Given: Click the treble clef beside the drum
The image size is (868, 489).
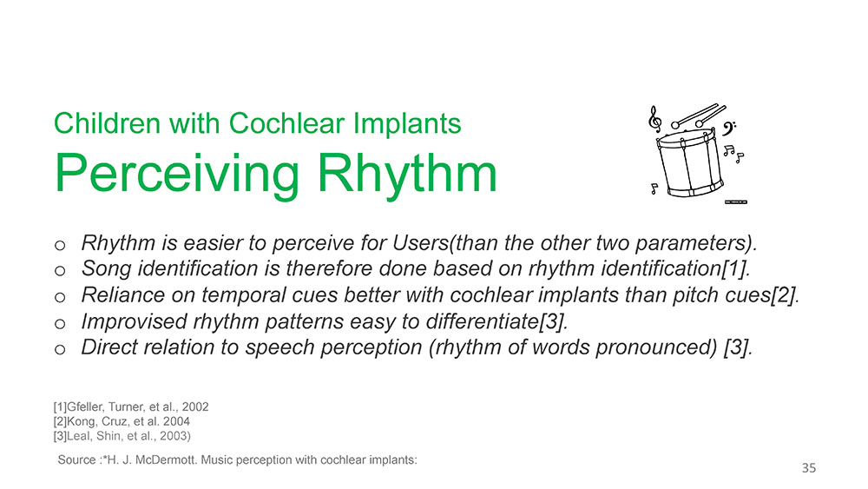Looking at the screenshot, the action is coord(654,119).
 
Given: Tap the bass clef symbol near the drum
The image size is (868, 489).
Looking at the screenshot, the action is coord(728,129).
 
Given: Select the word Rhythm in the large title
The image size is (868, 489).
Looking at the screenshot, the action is coord(407,173).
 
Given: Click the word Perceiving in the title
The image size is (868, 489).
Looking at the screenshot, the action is coord(177,174).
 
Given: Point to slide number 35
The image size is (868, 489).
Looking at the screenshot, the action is coord(809,468).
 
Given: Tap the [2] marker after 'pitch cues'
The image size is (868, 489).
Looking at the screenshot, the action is coord(785,295).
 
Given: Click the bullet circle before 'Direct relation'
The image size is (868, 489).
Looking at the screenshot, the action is coord(60,349).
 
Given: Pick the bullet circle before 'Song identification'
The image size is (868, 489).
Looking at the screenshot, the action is coord(60,271).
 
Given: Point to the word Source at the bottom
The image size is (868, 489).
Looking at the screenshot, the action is coord(77,459).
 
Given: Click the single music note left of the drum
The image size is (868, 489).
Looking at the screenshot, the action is coord(654,188).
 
